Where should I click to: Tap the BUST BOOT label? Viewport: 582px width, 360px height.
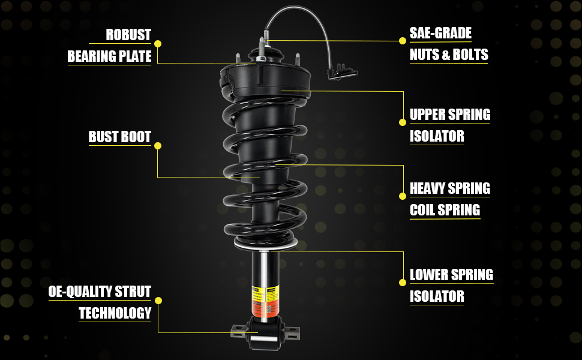click(x=119, y=137)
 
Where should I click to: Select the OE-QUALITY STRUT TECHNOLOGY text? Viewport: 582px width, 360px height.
click(x=101, y=302)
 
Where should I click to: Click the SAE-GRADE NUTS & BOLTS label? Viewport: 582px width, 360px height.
click(x=448, y=44)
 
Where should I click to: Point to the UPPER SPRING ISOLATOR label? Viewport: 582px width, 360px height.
click(x=449, y=125)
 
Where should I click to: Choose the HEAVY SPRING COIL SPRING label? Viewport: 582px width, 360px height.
click(x=449, y=199)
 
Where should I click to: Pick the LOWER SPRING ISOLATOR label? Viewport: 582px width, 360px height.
click(x=451, y=285)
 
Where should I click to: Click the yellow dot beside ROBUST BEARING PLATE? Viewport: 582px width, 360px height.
click(x=158, y=44)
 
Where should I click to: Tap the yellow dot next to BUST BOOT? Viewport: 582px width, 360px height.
click(x=158, y=146)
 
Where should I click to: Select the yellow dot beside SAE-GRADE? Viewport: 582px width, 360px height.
click(x=403, y=41)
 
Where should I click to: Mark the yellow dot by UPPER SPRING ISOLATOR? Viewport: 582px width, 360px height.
click(x=403, y=122)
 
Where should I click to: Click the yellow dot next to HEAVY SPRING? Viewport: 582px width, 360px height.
click(x=403, y=196)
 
